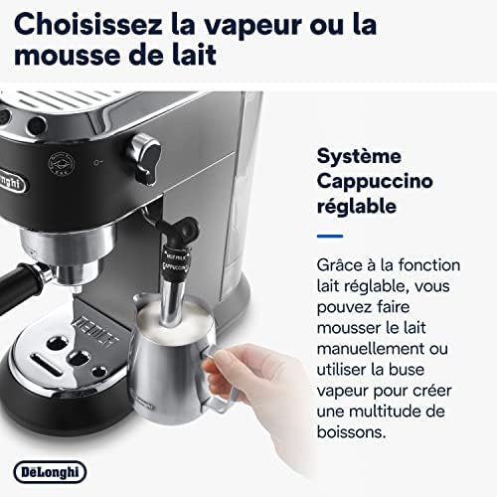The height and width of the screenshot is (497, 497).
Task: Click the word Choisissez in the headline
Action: click(x=88, y=25)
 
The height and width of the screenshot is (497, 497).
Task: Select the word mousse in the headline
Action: click(x=68, y=55)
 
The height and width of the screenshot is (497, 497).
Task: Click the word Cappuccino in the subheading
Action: click(x=375, y=183)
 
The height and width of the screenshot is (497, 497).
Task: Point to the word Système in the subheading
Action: click(x=359, y=157)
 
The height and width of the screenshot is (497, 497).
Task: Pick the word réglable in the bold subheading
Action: click(x=357, y=206)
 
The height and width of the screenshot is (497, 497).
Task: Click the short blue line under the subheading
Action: click(x=330, y=236)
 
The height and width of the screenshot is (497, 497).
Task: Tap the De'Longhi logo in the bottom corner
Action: click(x=50, y=472)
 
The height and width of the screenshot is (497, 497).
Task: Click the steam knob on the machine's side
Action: click(x=145, y=159)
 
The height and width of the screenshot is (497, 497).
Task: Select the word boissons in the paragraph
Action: click(x=352, y=432)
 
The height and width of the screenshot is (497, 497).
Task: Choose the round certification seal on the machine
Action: click(x=61, y=165)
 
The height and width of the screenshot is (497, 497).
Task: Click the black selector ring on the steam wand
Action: click(x=176, y=262)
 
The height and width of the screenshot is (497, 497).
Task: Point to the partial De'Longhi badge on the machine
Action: click(x=12, y=181)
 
